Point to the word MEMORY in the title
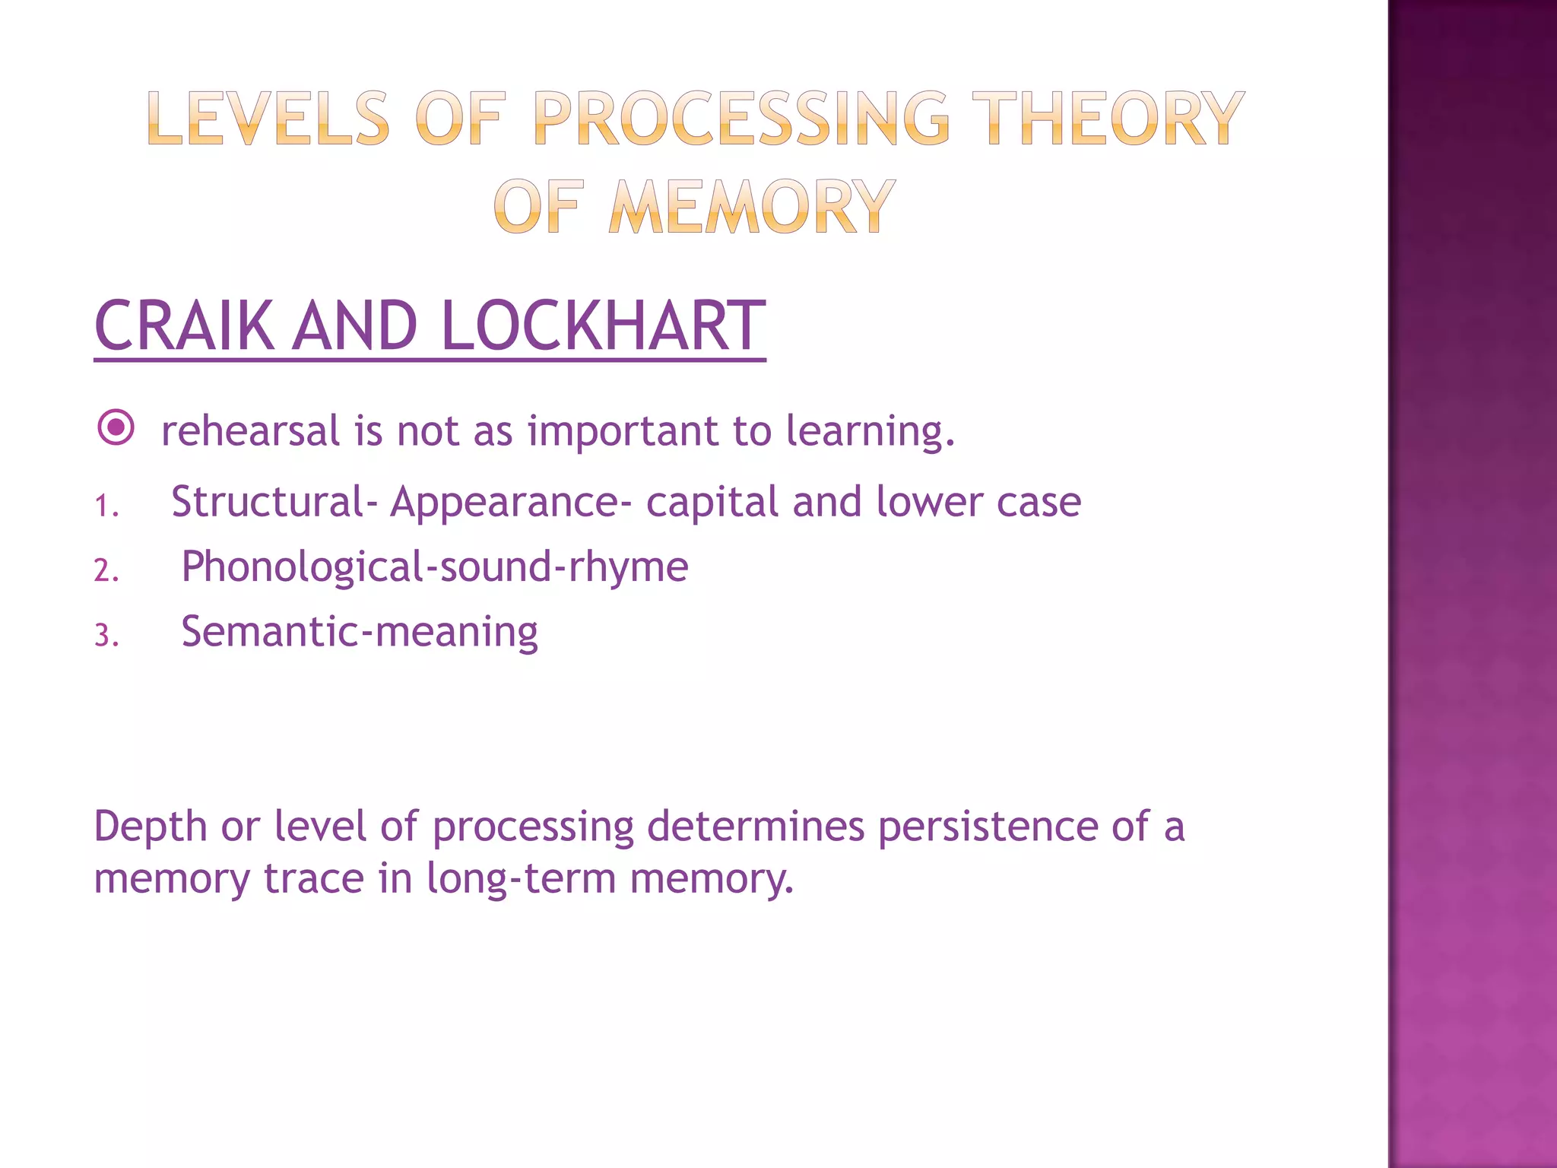point(751,207)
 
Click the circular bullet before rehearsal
point(116,428)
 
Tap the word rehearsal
point(250,431)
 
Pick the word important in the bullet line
point(623,431)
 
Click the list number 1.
point(106,506)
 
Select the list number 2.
point(106,570)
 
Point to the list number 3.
point(106,635)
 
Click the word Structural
point(268,502)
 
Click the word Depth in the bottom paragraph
point(151,827)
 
